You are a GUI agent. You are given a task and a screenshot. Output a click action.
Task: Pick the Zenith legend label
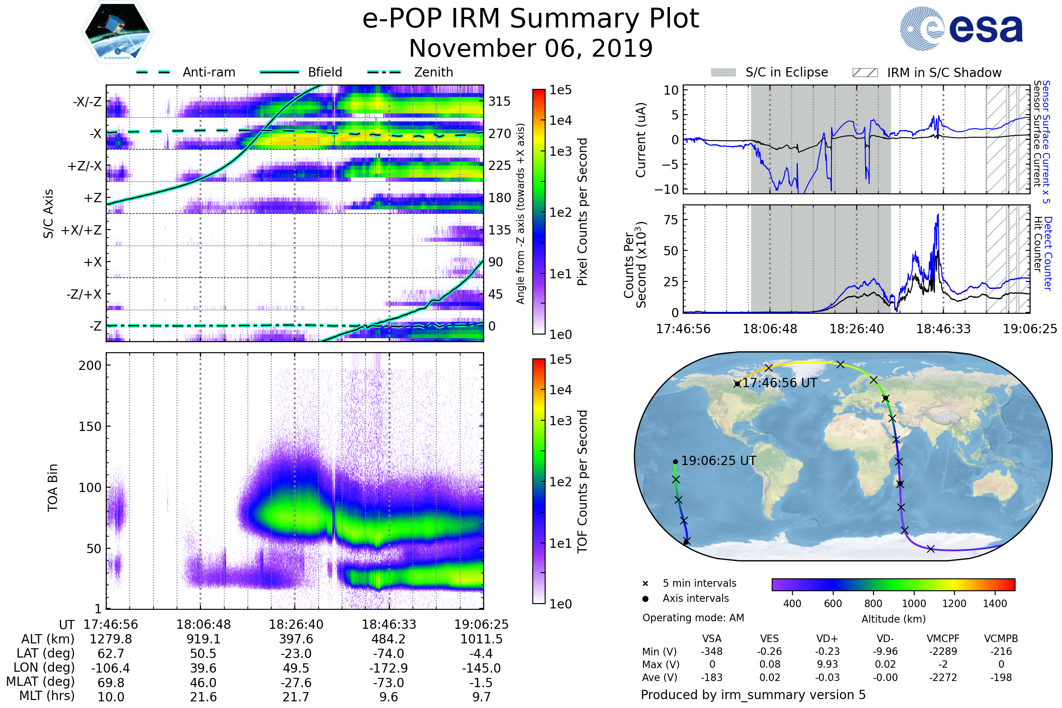(434, 72)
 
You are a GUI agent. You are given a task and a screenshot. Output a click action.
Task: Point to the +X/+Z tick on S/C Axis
(81, 230)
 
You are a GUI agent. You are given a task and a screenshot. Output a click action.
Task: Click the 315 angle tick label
(500, 102)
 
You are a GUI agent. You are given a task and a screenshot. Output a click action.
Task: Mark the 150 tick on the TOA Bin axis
(90, 427)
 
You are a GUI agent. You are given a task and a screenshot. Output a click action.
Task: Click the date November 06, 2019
(531, 48)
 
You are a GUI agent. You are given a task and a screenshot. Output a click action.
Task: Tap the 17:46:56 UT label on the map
(780, 383)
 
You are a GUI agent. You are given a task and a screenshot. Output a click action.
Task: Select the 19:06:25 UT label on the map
(718, 461)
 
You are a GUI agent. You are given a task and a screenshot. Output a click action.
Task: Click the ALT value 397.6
(296, 639)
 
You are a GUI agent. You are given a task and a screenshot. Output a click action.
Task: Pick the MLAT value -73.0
(389, 683)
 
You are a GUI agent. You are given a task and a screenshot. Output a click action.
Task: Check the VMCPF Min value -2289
(943, 651)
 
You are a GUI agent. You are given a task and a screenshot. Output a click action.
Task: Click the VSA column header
(712, 639)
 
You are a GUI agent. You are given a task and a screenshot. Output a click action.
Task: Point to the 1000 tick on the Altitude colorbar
(914, 604)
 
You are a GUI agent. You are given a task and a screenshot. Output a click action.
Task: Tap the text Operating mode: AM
(693, 618)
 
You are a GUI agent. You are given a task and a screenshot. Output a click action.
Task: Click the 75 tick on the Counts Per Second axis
(671, 220)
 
